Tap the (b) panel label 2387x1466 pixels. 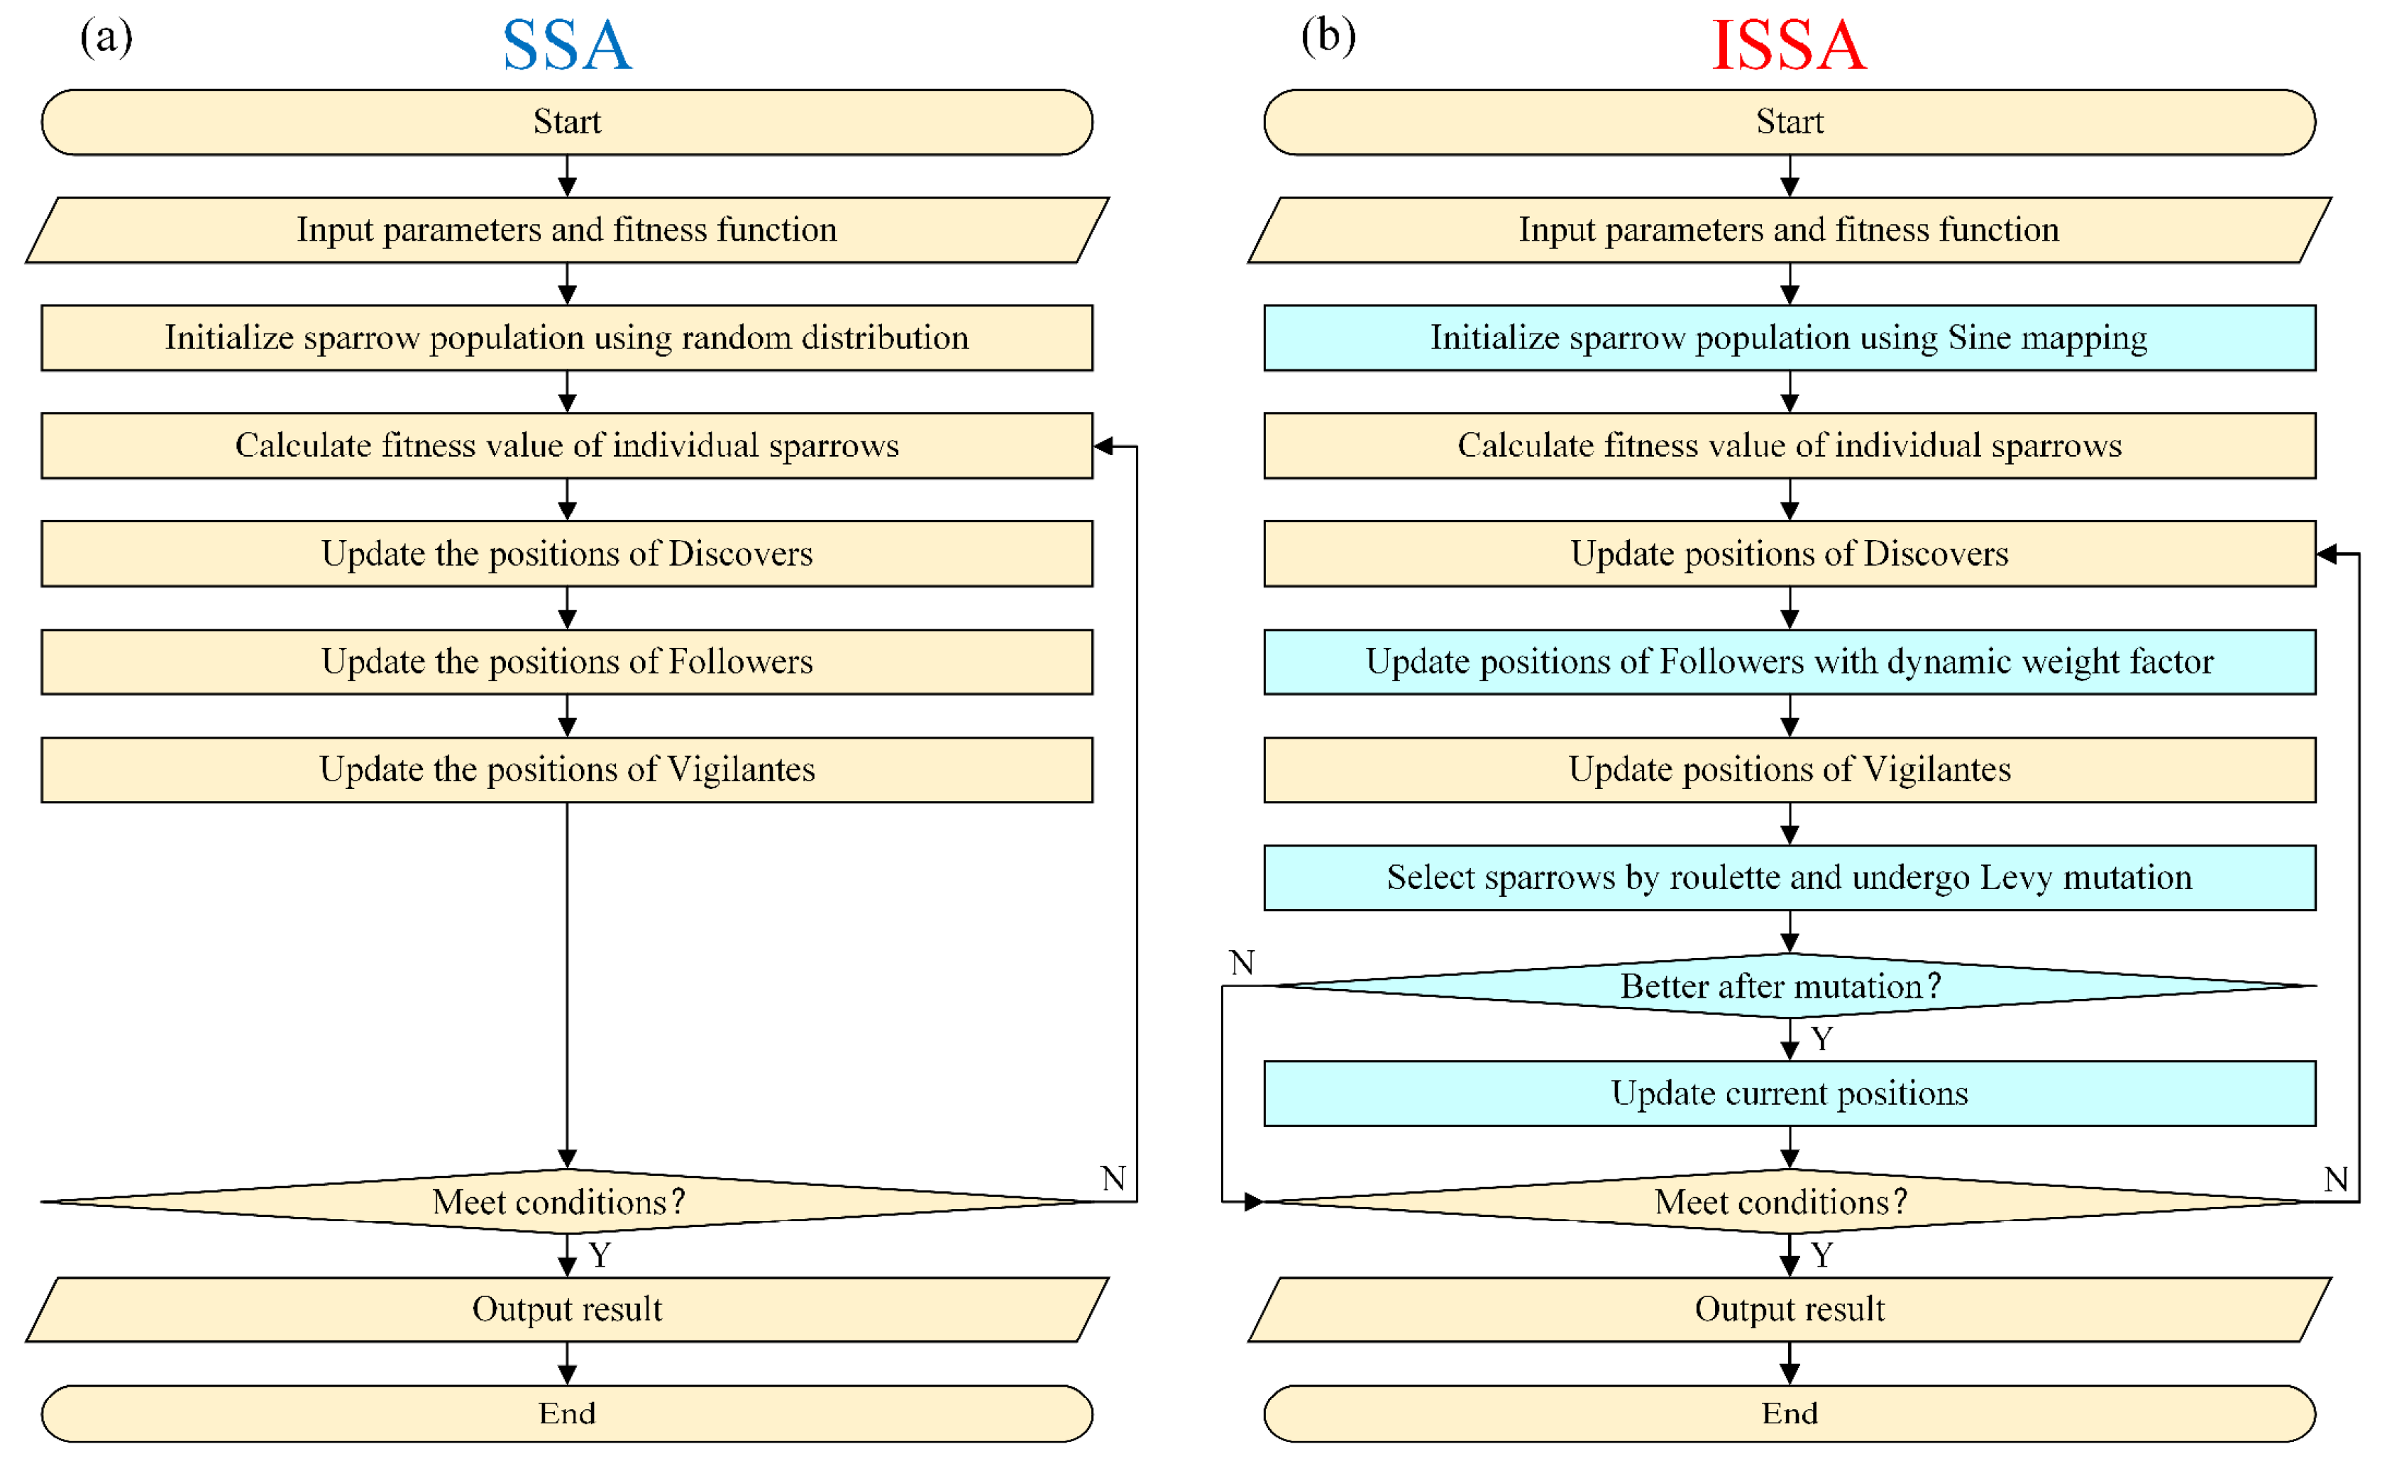point(1328,37)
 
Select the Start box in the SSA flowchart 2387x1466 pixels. point(567,122)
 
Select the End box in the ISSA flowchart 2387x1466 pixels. point(1789,1413)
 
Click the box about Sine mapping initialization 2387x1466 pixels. point(1789,338)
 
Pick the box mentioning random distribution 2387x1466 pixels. point(567,338)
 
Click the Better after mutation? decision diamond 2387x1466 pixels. point(1789,986)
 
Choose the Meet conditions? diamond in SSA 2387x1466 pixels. point(567,1201)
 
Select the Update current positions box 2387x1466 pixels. point(1789,1093)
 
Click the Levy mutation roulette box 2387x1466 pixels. point(1789,878)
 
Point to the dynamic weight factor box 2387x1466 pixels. point(1789,661)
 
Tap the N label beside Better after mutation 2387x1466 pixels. point(1242,963)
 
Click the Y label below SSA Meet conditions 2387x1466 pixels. point(600,1255)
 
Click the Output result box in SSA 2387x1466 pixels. point(567,1309)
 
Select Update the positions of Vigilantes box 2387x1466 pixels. point(567,770)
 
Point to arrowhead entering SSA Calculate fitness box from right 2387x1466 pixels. point(1103,446)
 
